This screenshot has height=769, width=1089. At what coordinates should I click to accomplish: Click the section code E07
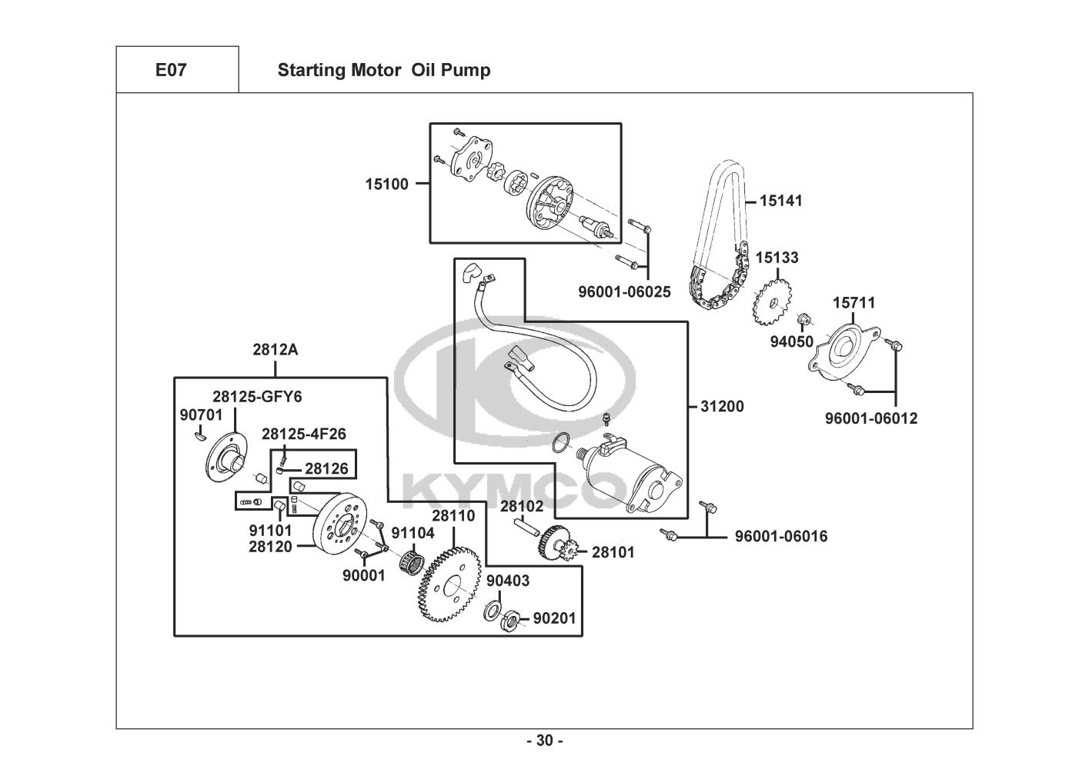point(171,71)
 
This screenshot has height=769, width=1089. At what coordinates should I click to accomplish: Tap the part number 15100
point(387,184)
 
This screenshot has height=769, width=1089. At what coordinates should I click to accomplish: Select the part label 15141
point(780,201)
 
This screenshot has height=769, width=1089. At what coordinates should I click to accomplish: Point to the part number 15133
point(777,258)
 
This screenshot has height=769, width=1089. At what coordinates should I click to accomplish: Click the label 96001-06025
point(624,292)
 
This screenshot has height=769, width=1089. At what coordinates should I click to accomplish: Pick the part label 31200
point(722,406)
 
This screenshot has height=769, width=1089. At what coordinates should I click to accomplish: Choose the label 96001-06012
point(871,419)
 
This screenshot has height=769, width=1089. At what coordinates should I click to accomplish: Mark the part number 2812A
point(275,349)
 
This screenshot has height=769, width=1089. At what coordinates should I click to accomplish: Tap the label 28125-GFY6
point(258,397)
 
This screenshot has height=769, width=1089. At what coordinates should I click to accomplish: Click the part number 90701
point(201,415)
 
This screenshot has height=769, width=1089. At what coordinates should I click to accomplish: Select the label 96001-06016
point(781,536)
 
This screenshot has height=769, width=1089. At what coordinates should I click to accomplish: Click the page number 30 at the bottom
point(544,741)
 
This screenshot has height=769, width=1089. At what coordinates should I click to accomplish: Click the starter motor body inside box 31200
point(635,477)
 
